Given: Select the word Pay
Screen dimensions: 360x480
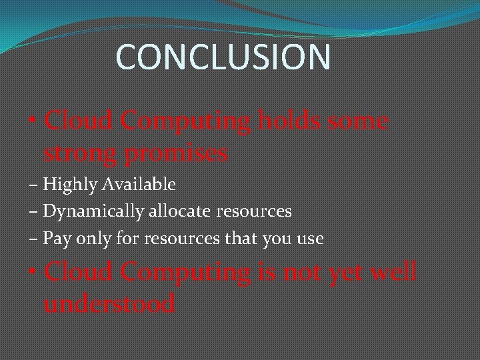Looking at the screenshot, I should (x=55, y=239).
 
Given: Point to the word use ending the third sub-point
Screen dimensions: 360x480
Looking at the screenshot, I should (x=309, y=239).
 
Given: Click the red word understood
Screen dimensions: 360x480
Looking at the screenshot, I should (x=109, y=304).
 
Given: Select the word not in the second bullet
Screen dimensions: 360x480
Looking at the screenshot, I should (x=302, y=272).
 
